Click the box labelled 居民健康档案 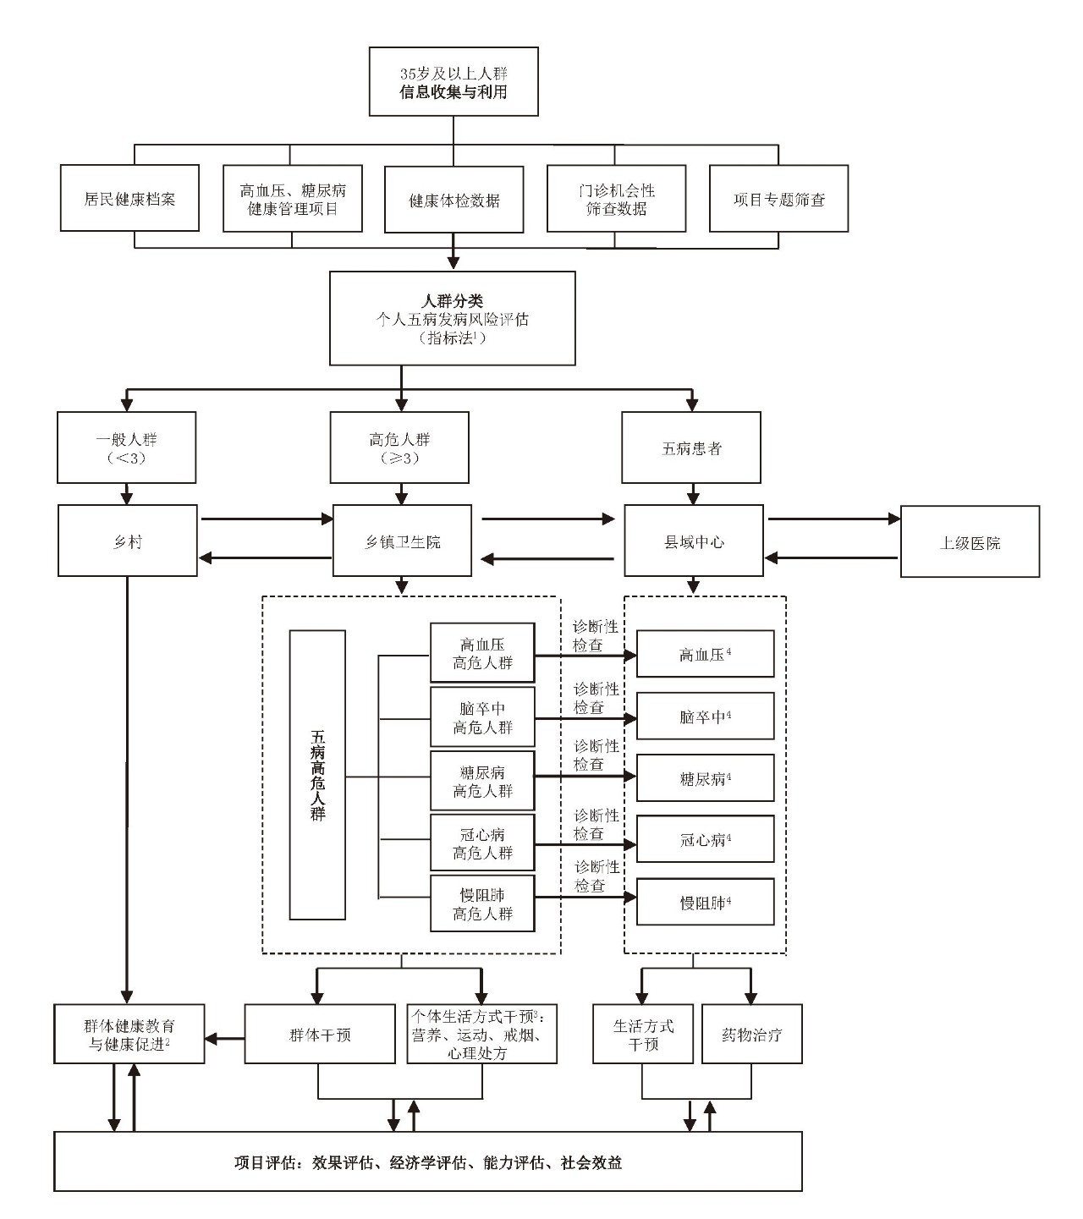coord(129,199)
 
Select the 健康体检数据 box coord(454,200)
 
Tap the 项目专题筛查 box coord(778,199)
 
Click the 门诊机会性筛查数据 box coord(616,199)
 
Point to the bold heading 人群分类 coord(453,301)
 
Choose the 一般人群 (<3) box coord(127,448)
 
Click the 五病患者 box coord(691,448)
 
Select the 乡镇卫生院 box coord(402,541)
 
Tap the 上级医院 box coord(970,542)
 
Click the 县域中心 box coord(694,541)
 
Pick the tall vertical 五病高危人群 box coord(317,775)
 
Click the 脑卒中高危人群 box coord(482,717)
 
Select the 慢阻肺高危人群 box coord(482,904)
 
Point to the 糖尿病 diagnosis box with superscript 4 coord(705,778)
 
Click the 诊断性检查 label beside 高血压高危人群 coord(596,635)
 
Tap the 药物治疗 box coord(751,1034)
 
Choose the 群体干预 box coord(320,1034)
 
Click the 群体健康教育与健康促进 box coord(129,1034)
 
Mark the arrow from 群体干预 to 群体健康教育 coord(224,1038)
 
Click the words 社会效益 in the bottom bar coord(591,1162)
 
